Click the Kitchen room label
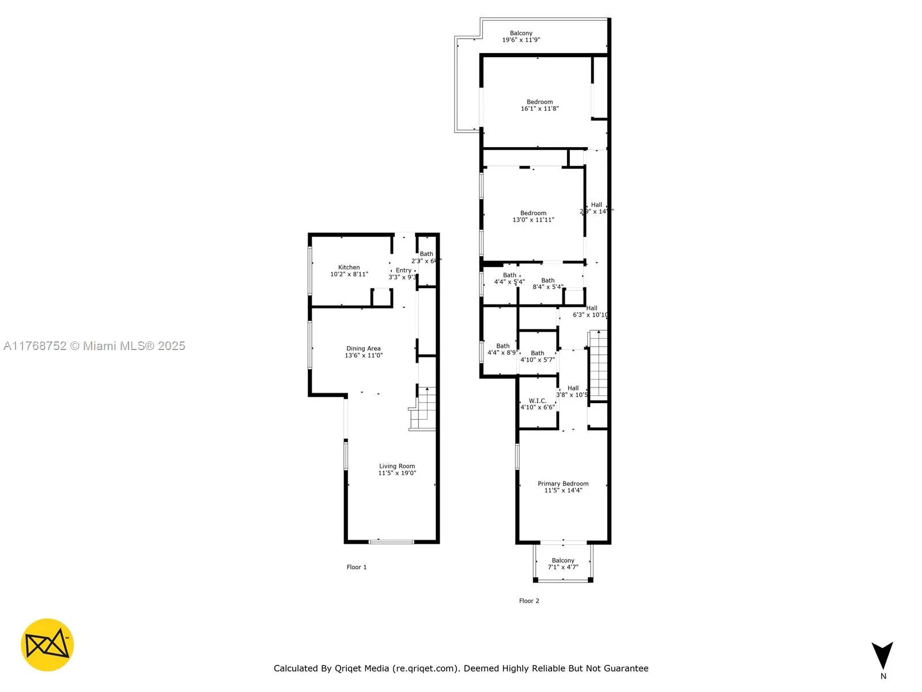click(x=349, y=268)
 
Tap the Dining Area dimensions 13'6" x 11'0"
click(x=364, y=355)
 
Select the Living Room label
click(x=397, y=466)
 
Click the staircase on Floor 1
click(x=425, y=408)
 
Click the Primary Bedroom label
click(x=563, y=484)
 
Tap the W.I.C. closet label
click(x=538, y=401)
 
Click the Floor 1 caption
click(x=357, y=567)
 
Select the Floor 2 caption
click(x=529, y=601)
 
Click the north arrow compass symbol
click(x=882, y=657)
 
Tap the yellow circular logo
click(x=47, y=645)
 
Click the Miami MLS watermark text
click(x=95, y=346)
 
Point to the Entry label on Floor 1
click(x=403, y=270)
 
